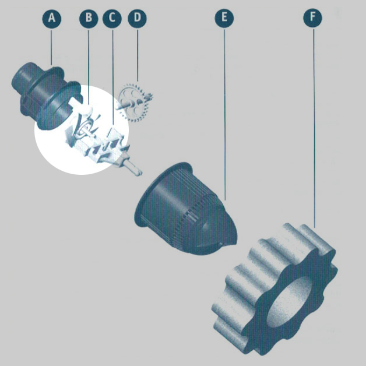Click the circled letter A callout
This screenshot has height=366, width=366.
coord(52,19)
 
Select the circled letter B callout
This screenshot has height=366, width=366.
coord(89,18)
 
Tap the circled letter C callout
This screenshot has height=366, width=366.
coord(112,19)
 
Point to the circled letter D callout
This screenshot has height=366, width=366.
coord(138,18)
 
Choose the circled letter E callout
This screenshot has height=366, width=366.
coord(224,18)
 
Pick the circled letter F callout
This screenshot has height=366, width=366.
coord(312,18)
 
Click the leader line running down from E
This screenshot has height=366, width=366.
coord(224,114)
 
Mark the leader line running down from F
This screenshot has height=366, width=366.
coord(314,128)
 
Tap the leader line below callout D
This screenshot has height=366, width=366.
coord(138,55)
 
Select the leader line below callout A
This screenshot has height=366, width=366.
coord(51,47)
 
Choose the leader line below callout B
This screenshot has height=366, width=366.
coord(89,66)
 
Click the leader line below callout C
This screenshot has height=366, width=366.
coord(113,76)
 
